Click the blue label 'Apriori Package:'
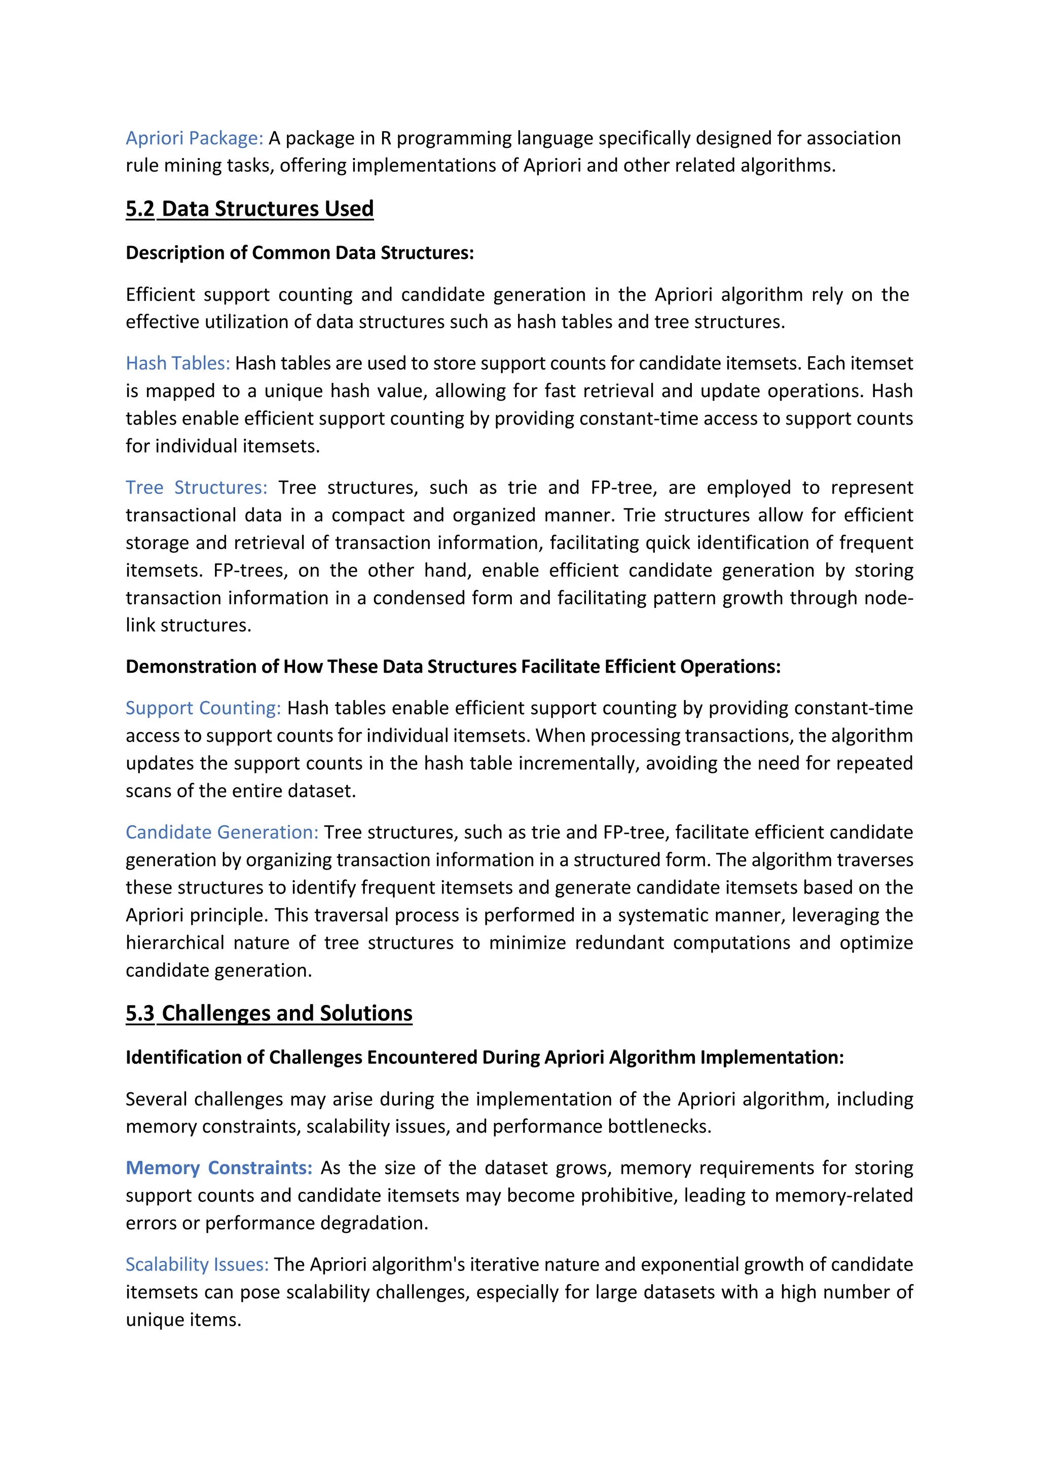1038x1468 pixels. pos(195,138)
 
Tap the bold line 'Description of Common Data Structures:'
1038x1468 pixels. pos(300,253)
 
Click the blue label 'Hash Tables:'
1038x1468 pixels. pos(177,363)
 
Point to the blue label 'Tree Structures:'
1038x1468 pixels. pos(196,487)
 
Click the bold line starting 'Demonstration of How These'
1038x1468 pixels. pos(453,666)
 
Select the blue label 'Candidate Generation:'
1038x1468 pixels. pos(221,832)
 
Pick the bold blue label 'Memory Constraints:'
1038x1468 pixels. pos(219,1168)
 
